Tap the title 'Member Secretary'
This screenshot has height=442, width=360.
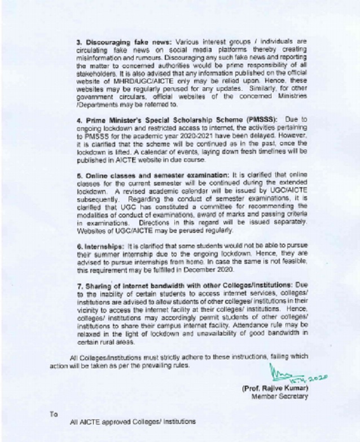[279, 396]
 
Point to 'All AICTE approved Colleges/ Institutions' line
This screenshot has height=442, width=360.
[132, 421]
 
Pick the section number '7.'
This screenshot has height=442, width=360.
[80, 287]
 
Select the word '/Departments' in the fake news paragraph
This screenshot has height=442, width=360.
[98, 104]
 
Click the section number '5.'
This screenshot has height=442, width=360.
[80, 176]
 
